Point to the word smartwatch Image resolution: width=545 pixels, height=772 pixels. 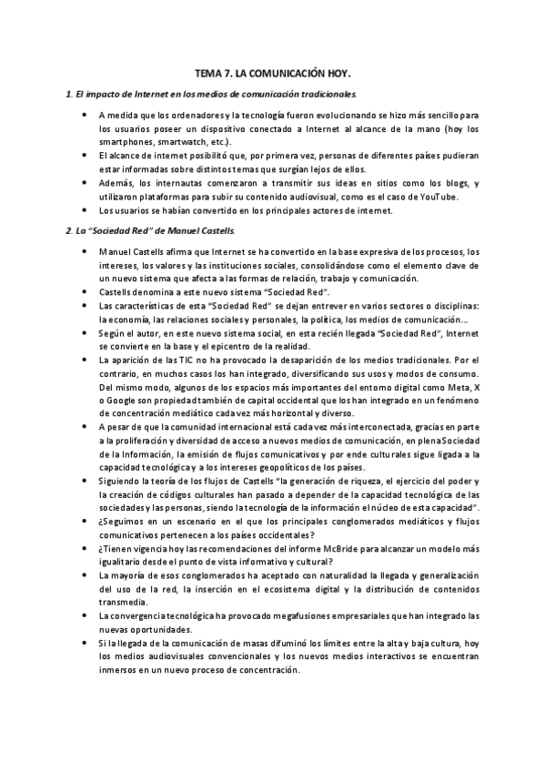167,142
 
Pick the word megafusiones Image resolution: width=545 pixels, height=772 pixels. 278,616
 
